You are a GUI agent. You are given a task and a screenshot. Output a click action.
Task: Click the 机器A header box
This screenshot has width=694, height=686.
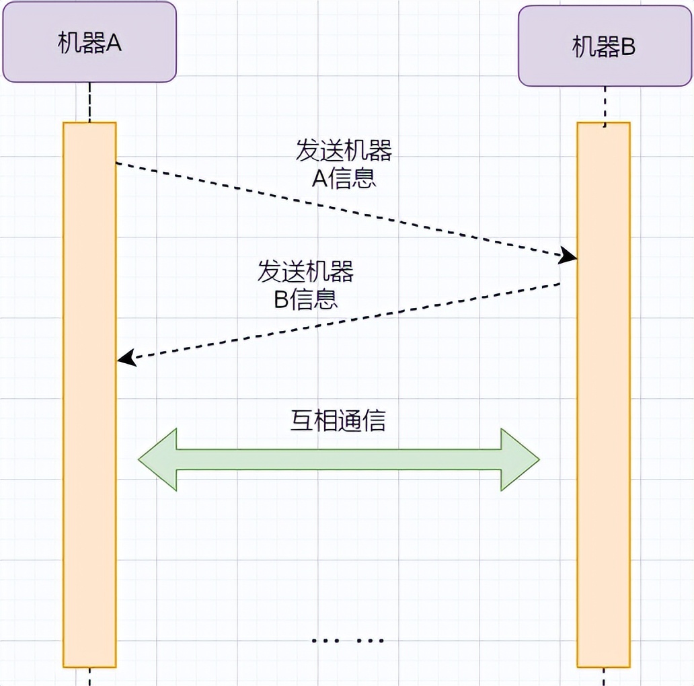tap(89, 42)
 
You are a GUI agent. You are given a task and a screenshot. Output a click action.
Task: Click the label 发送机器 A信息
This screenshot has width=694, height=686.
tap(344, 164)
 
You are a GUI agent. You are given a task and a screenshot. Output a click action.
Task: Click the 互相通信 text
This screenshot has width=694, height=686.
tap(338, 420)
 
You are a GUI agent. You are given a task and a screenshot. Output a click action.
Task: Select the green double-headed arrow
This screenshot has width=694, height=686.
tap(339, 459)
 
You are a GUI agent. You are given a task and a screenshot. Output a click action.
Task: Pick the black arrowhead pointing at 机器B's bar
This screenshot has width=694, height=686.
tap(569, 256)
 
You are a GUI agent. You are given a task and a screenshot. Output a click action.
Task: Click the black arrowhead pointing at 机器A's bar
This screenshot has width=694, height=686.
tap(126, 359)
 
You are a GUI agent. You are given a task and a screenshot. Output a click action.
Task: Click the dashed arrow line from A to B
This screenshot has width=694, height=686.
tap(336, 209)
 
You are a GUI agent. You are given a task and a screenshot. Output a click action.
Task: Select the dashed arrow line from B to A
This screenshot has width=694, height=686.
tap(336, 322)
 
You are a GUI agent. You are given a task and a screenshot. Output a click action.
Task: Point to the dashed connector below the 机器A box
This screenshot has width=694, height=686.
tap(89, 102)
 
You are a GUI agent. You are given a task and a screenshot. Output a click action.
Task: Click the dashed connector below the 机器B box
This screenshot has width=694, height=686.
tap(605, 105)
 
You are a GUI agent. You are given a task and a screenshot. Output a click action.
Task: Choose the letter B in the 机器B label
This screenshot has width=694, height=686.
tap(628, 48)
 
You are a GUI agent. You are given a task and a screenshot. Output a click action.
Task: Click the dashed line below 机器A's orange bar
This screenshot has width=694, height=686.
tap(89, 676)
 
